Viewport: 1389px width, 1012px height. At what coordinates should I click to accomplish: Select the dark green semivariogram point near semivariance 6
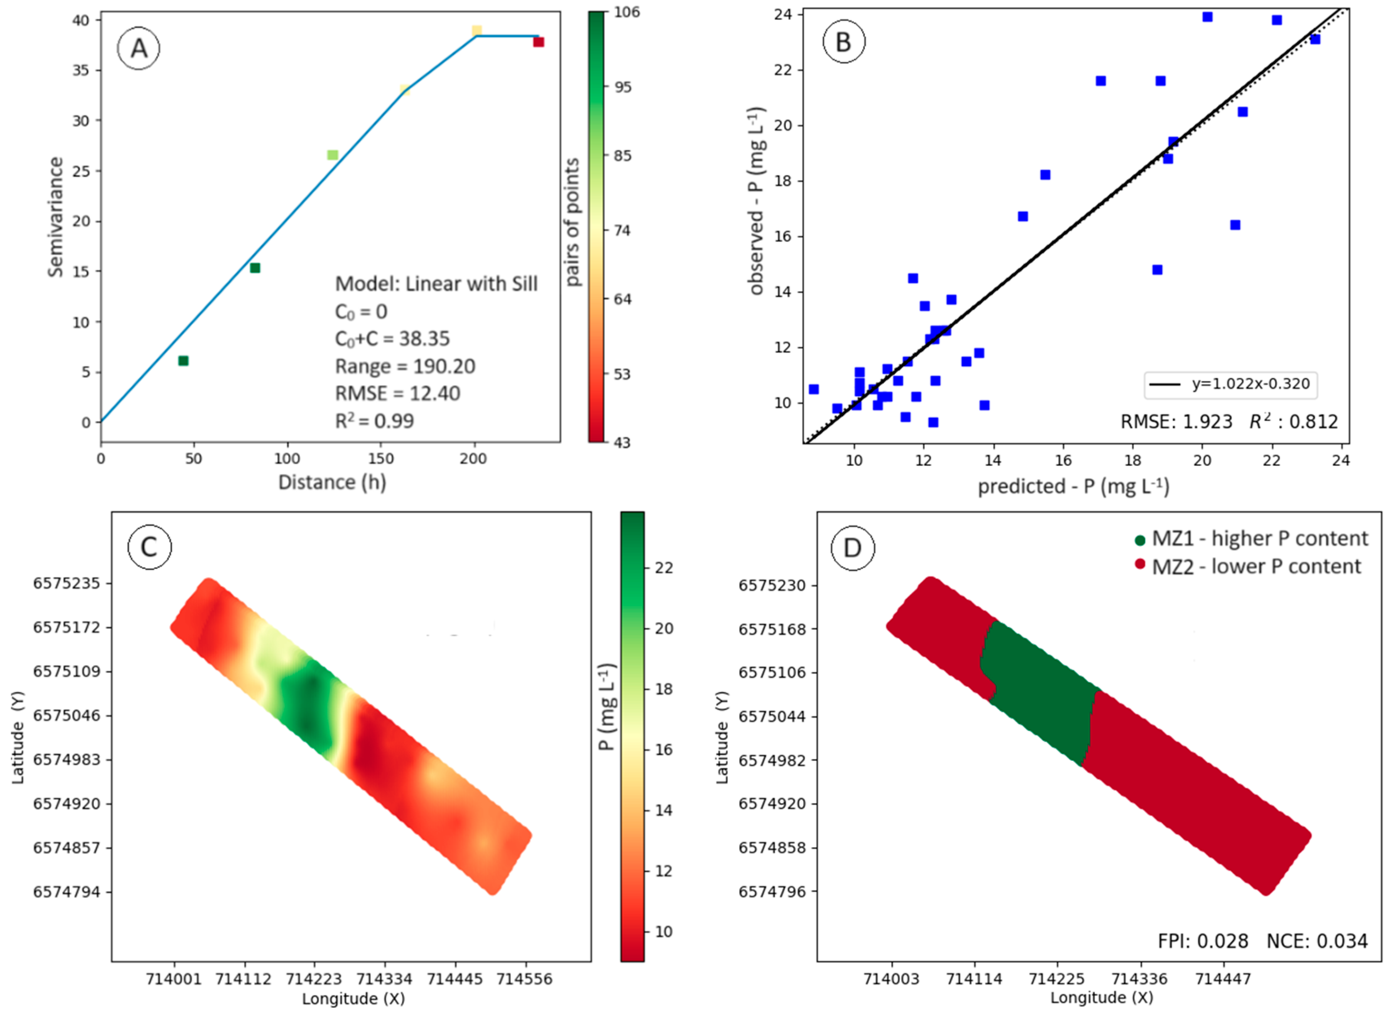point(183,361)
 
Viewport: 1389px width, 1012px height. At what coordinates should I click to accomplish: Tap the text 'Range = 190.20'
point(405,366)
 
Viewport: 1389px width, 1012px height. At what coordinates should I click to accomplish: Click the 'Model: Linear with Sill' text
point(436,284)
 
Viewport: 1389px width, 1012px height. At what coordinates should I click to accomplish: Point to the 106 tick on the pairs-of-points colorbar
point(626,12)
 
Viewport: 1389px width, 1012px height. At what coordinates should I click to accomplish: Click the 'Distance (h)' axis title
point(332,482)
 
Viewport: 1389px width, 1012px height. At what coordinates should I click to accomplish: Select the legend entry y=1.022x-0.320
point(1231,384)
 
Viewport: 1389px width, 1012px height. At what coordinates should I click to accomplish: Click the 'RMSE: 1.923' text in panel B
point(1176,421)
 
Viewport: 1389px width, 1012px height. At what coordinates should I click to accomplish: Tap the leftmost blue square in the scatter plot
point(813,390)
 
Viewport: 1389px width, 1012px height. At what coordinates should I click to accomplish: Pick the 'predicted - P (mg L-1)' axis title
point(1073,486)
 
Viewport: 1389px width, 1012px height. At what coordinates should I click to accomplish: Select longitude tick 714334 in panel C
point(384,979)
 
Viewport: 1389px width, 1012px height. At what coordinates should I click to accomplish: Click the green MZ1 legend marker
point(1140,540)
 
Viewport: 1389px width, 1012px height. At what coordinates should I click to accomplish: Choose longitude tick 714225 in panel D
point(1056,979)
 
